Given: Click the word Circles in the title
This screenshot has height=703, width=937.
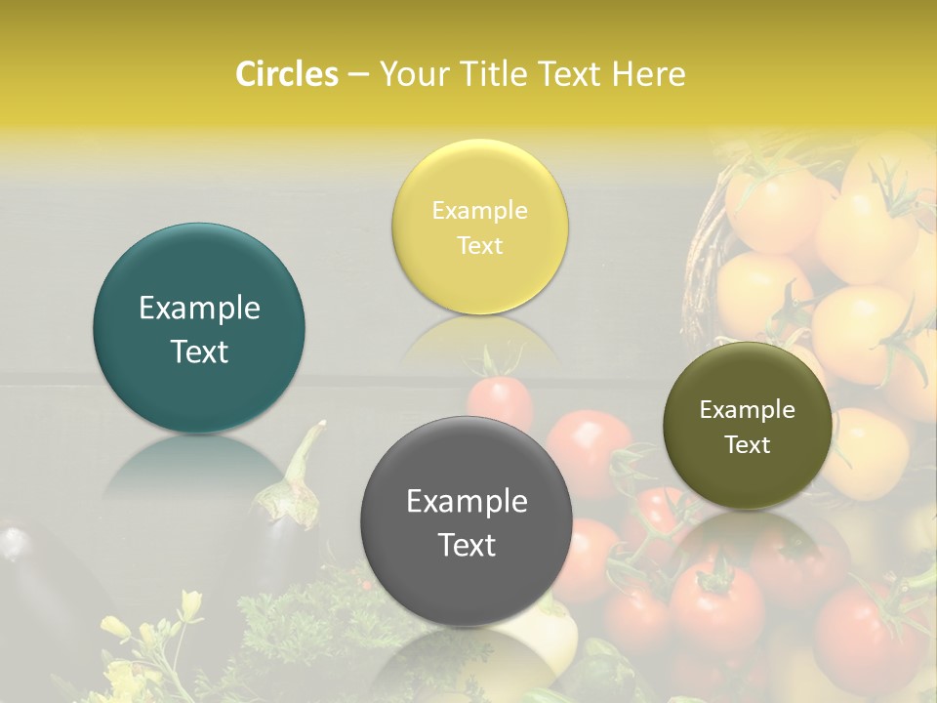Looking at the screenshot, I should tap(287, 74).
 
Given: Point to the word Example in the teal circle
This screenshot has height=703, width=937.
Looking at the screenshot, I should tap(199, 309).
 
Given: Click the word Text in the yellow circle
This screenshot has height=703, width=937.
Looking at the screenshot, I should tap(479, 245).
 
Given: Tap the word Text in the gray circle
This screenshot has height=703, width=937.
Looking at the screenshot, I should tap(467, 545).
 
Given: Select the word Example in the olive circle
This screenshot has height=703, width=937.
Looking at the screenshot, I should tap(747, 410).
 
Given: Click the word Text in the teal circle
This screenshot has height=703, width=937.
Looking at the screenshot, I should tap(199, 351).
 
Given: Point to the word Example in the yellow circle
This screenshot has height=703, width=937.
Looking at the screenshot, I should tap(479, 211).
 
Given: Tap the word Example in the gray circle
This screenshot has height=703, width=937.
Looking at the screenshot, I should tap(467, 502).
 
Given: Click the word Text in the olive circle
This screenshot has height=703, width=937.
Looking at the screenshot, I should tap(747, 444).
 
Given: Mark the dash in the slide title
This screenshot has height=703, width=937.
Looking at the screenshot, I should tap(357, 75).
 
